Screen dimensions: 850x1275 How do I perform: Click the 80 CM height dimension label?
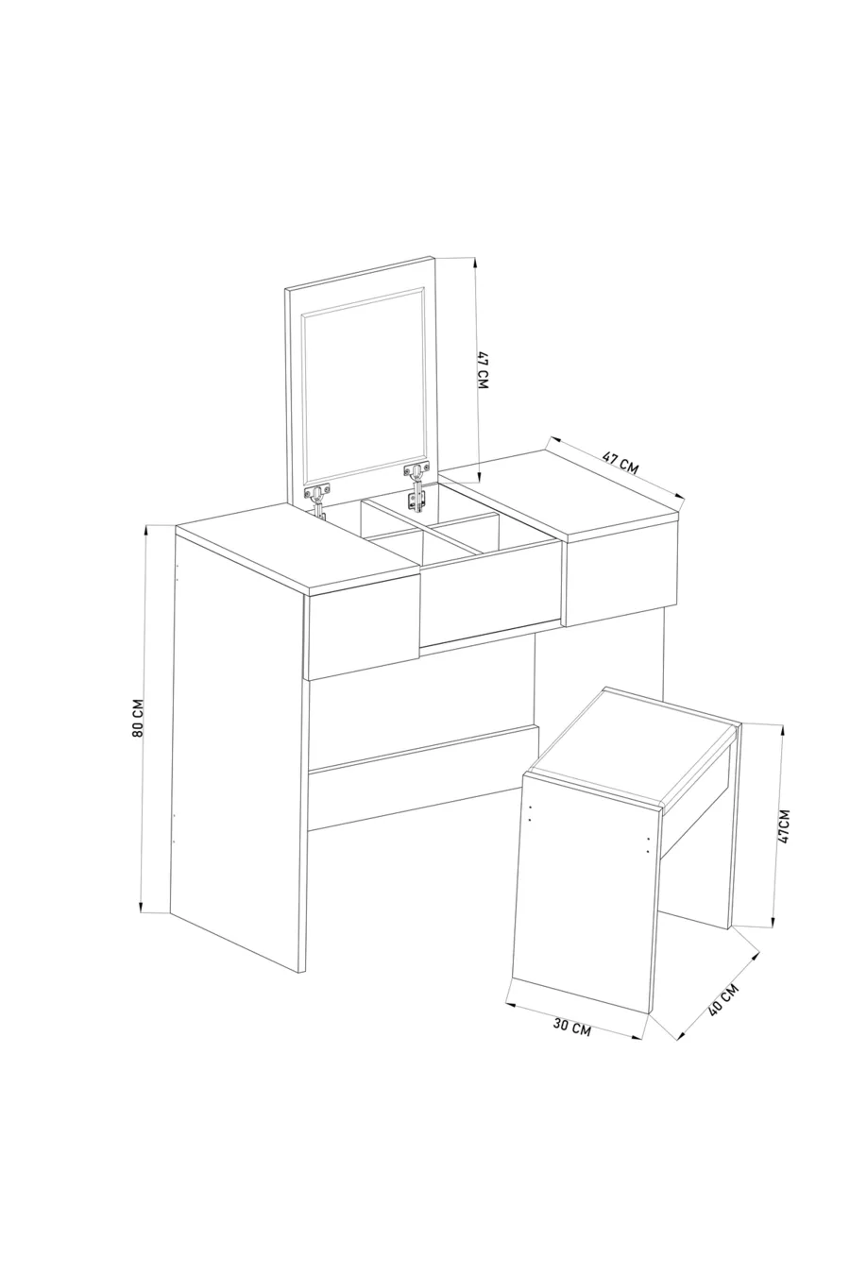pyautogui.click(x=137, y=717)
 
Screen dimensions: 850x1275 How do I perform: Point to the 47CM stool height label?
pyautogui.click(x=785, y=825)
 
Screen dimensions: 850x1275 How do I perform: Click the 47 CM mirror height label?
pyautogui.click(x=483, y=370)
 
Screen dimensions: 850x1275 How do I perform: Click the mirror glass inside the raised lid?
pyautogui.click(x=364, y=385)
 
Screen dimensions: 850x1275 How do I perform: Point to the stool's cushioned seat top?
pyautogui.click(x=632, y=746)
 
